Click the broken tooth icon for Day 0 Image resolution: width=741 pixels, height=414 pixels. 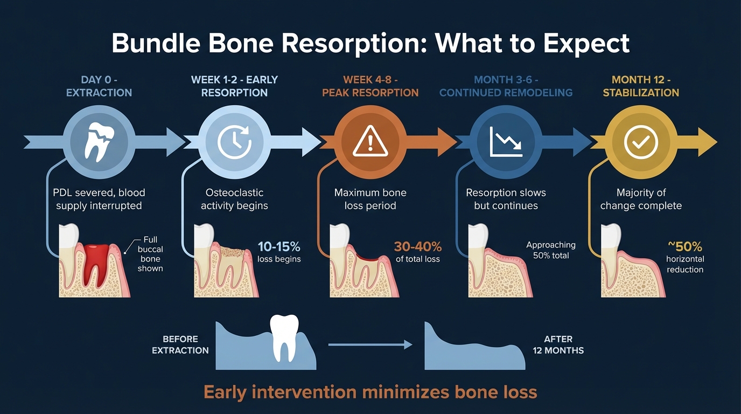pos(99,142)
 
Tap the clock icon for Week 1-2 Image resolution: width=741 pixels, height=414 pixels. pos(234,142)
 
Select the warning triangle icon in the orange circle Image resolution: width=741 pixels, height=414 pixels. pos(370,142)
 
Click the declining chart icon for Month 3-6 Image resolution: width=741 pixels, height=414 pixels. pos(505,142)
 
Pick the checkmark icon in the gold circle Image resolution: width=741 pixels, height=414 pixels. pos(640,142)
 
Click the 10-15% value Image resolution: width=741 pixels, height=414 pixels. pos(278,247)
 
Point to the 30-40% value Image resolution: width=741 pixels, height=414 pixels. pos(418,247)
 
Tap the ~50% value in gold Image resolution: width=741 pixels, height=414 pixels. pos(685,247)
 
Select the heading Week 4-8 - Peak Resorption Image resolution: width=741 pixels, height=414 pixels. pos(370,86)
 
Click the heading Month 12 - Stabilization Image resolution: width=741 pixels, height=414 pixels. pos(641,86)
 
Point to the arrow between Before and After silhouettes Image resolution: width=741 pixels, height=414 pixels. pos(370,344)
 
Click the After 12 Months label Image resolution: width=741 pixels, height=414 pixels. pos(558,344)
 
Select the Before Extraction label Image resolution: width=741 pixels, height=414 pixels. pos(180,344)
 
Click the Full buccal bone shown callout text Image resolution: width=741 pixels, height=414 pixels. pos(150,254)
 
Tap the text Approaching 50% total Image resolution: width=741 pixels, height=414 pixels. pos(551,250)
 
